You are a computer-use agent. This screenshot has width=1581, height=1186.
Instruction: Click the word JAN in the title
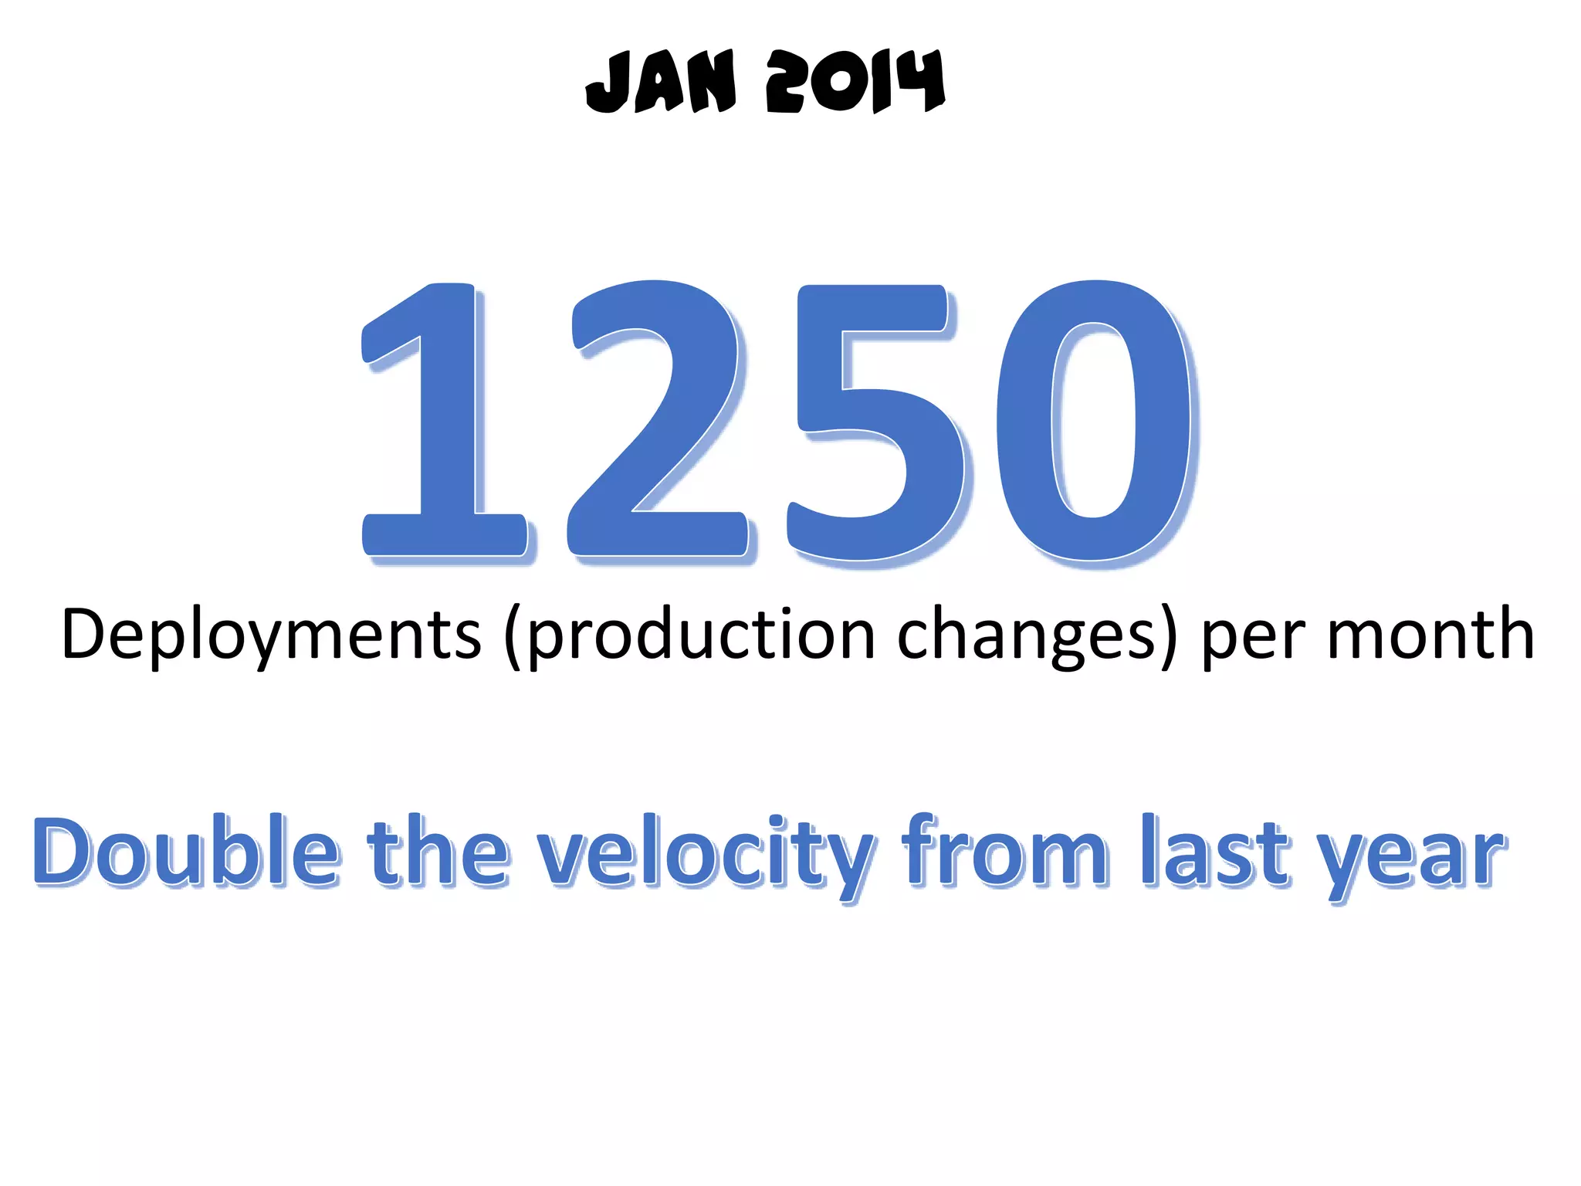[x=661, y=82]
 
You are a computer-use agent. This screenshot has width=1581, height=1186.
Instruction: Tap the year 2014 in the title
[x=855, y=82]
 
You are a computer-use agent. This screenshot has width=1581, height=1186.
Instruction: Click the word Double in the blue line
[x=185, y=852]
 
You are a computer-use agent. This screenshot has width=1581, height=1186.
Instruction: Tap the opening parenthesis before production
[x=512, y=638]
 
